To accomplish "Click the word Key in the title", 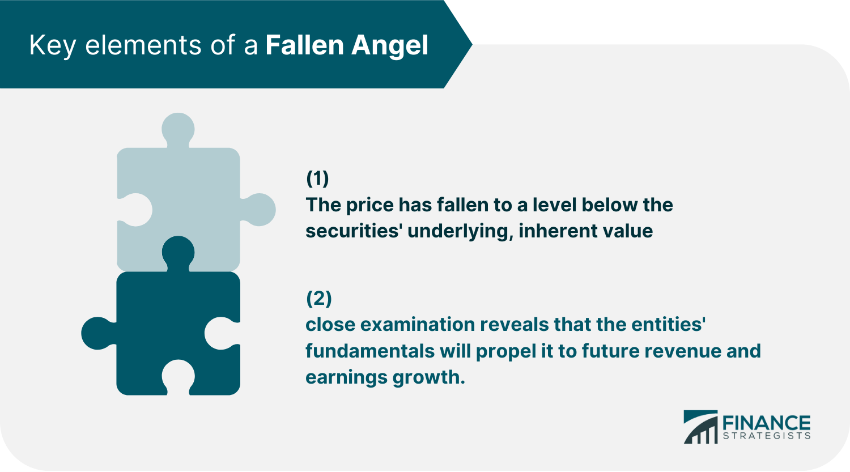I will pos(52,46).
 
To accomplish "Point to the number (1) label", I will pos(317,178).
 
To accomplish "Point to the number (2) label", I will pos(318,298).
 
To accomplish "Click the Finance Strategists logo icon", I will pos(700,427).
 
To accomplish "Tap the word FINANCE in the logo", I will pos(766,423).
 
